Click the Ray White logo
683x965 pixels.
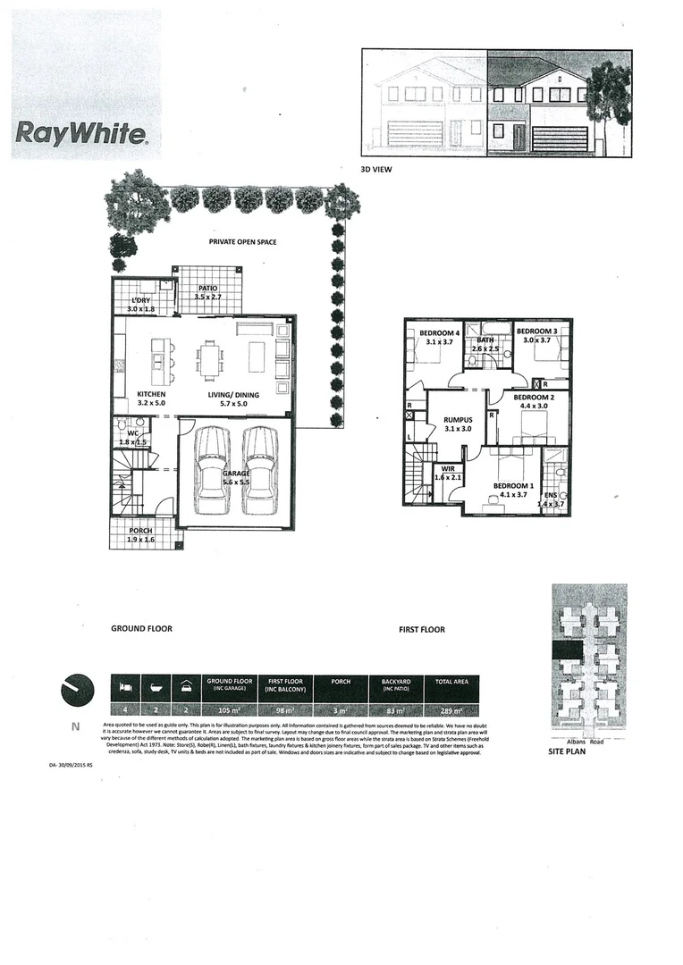[80, 135]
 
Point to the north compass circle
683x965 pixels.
[77, 690]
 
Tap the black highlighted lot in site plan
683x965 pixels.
[567, 650]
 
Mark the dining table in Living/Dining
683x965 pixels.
[211, 361]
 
